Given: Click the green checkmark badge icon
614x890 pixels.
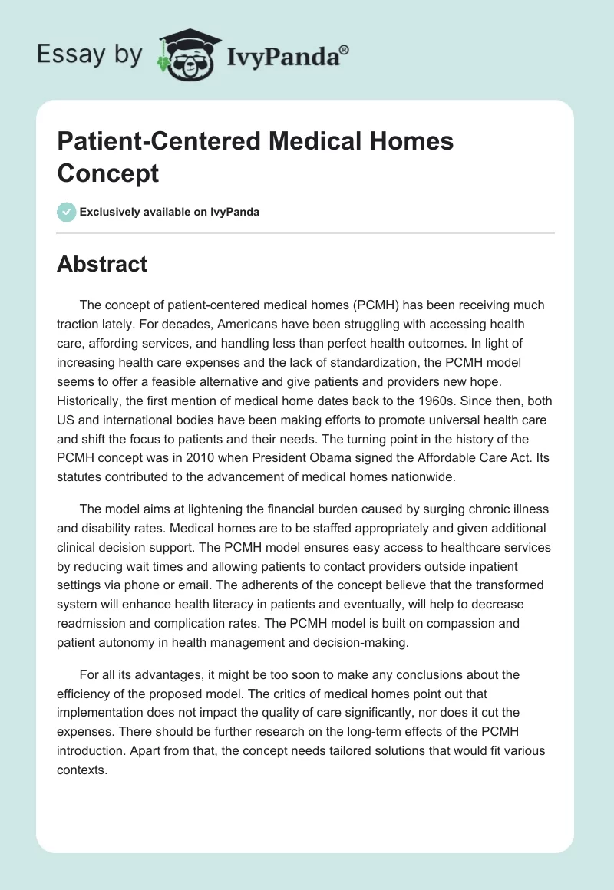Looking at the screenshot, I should coord(67,212).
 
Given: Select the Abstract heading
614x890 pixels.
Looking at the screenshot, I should coord(102,264).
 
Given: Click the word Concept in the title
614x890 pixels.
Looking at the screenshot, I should coord(108,173).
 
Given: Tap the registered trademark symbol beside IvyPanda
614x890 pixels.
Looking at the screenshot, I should coord(345,50).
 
